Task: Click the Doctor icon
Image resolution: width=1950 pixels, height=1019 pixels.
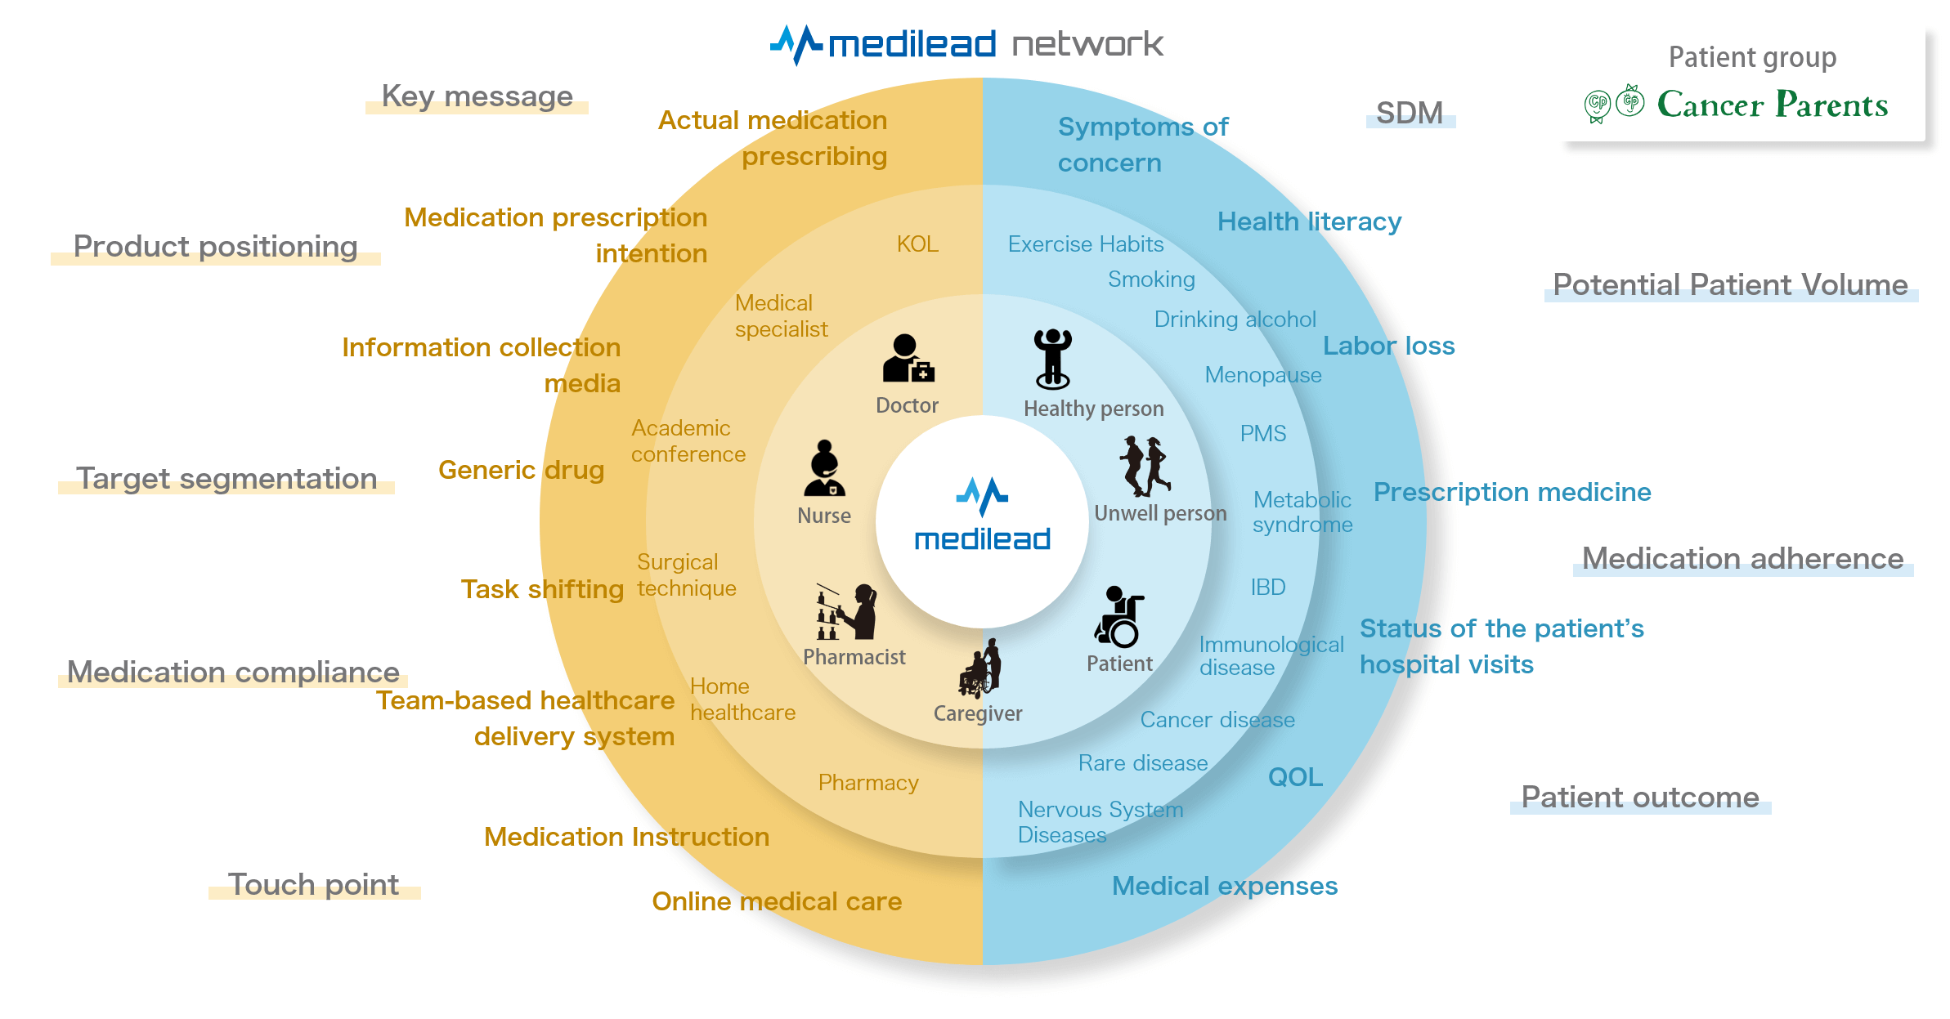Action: coord(908,359)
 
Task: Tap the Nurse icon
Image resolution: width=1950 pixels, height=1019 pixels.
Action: coord(824,469)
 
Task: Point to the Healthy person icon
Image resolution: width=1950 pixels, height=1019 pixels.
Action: coord(1052,359)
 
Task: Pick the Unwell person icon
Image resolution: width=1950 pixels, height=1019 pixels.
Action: coord(1145,466)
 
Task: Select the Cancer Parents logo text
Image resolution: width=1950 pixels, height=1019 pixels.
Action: coord(1772,105)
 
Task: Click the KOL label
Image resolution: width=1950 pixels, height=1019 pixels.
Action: coord(917,244)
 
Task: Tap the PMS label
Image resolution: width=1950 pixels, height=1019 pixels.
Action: coord(1262,434)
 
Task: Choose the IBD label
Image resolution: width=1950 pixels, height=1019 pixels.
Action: coord(1267,588)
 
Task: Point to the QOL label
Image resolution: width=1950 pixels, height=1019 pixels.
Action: coord(1295,777)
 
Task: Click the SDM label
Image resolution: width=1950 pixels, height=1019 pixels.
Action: coord(1410,113)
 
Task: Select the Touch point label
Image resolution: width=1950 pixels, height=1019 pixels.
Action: coord(314,884)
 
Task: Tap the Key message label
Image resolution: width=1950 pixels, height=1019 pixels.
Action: coord(477,96)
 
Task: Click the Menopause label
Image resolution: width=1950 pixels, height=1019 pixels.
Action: coord(1262,375)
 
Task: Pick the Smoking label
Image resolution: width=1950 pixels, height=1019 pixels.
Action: coord(1151,279)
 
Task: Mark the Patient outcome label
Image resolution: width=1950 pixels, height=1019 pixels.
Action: coord(1639,797)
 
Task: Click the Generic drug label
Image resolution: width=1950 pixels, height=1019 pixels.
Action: coord(521,470)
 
